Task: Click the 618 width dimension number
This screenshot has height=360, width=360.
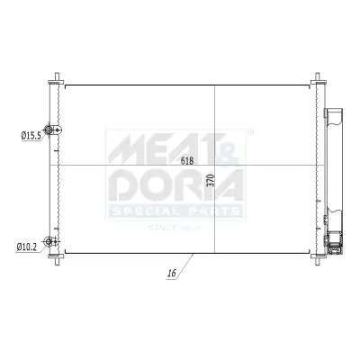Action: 187,162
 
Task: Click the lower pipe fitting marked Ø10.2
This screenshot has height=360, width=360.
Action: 57,242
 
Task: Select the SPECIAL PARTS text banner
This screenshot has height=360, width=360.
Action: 176,212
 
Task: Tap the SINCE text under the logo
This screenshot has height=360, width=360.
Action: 162,227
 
